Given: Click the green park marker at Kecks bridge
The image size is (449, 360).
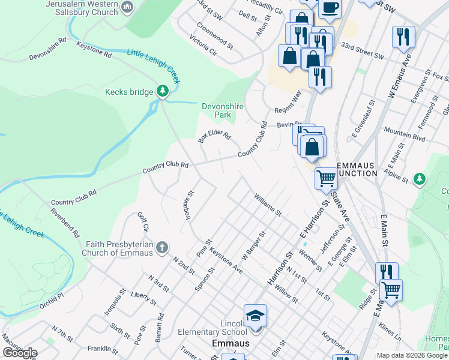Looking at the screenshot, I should (162, 91).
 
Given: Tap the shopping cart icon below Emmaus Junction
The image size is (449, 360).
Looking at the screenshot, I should (326, 178).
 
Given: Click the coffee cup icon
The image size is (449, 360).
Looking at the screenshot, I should (330, 7).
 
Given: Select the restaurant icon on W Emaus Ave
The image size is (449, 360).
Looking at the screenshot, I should (403, 36).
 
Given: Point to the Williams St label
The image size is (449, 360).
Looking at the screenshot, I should (267, 204).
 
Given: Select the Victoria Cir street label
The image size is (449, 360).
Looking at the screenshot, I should (202, 44).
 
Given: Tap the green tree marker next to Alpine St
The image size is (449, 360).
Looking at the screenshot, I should (420, 178).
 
